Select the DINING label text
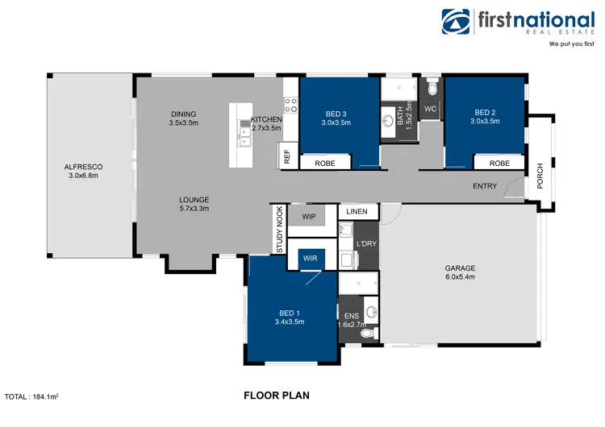pyautogui.click(x=183, y=114)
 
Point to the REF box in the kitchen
pyautogui.click(x=286, y=156)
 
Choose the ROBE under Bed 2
pyautogui.click(x=499, y=163)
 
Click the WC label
pyautogui.click(x=430, y=108)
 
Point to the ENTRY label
pyautogui.click(x=485, y=187)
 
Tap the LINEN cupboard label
pyautogui.click(x=357, y=212)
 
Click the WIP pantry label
pyautogui.click(x=308, y=217)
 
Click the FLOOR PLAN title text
pyautogui.click(x=276, y=396)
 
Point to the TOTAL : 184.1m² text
pyautogui.click(x=35, y=397)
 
